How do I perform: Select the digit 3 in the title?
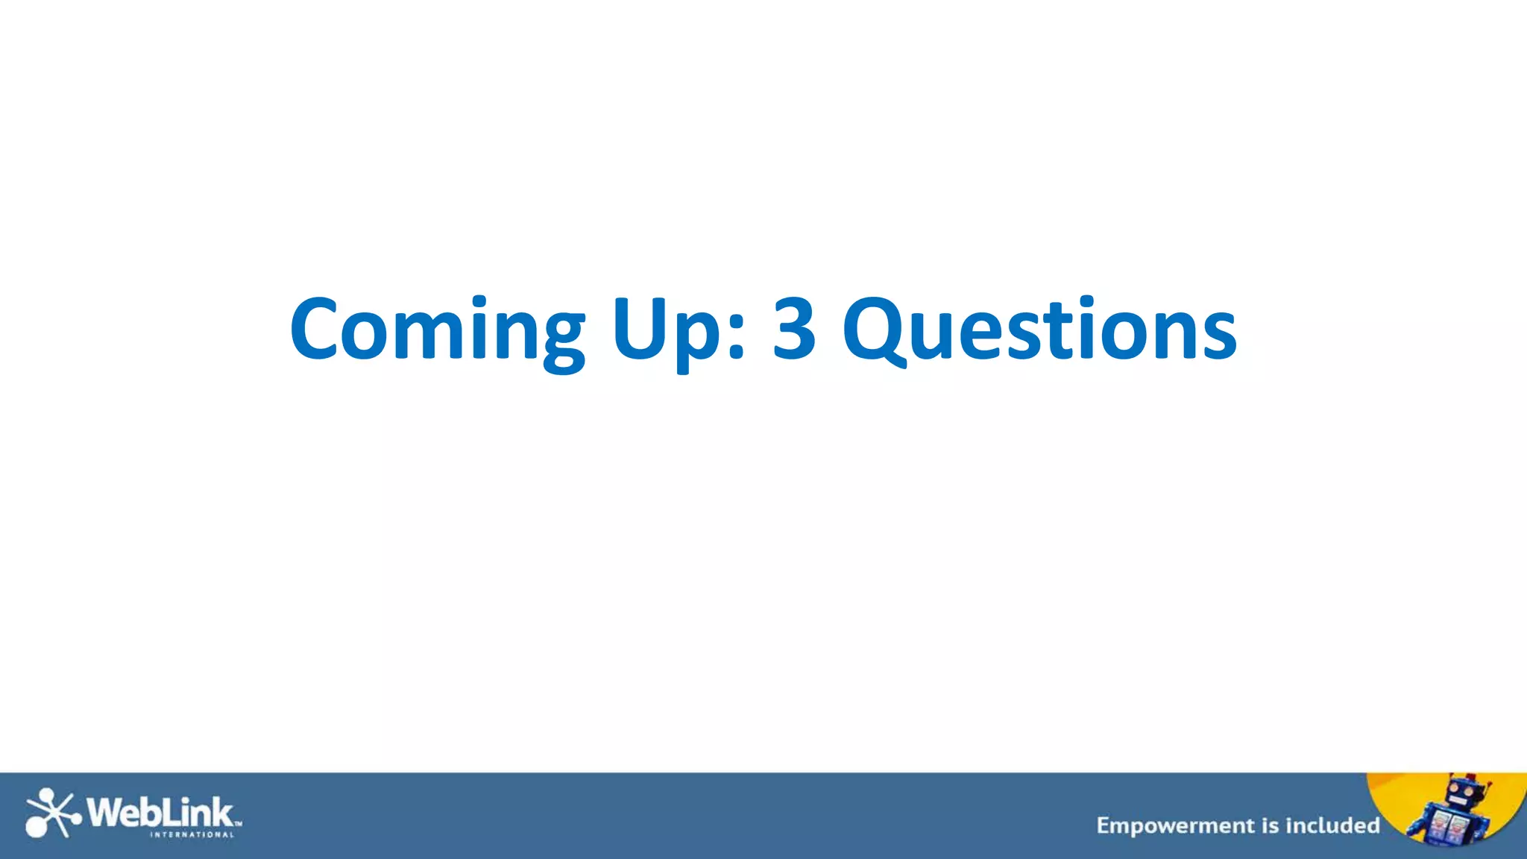click(794, 329)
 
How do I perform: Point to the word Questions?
click(1039, 330)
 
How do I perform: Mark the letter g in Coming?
click(564, 339)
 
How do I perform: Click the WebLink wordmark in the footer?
click(160, 812)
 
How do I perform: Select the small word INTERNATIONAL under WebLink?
click(192, 835)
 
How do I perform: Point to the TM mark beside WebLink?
click(239, 824)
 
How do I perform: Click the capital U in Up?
click(641, 329)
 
